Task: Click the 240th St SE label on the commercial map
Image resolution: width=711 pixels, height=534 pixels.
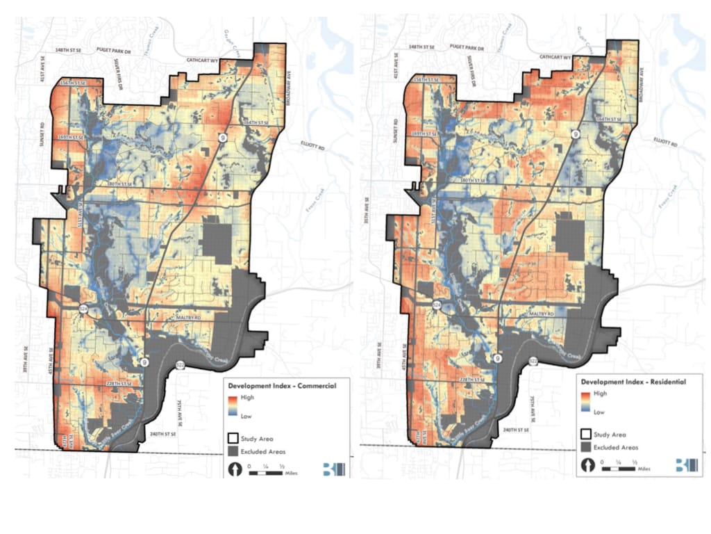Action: [166, 434]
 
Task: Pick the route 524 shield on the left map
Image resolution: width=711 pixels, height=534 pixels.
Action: [84, 307]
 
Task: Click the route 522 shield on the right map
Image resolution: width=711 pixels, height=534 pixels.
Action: [533, 361]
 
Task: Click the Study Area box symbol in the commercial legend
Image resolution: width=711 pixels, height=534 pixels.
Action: [232, 439]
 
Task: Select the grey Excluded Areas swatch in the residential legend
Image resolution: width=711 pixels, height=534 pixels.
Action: [586, 447]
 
